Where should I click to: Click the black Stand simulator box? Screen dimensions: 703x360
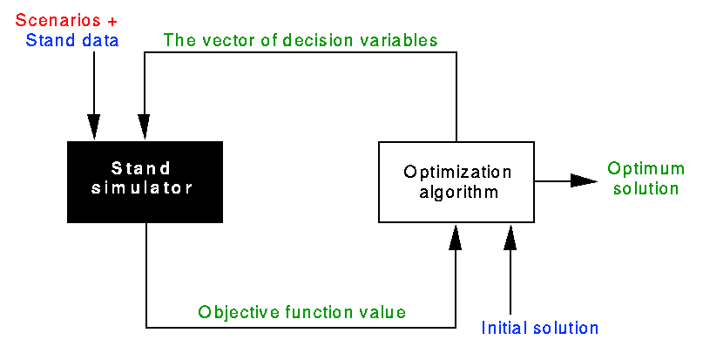145,182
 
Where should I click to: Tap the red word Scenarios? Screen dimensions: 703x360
58,20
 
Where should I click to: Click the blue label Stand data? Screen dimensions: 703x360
72,40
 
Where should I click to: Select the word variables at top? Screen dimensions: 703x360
399,40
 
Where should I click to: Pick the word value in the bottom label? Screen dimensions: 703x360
382,312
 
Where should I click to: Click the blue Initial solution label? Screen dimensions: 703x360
540,328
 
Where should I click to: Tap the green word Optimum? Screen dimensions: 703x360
646,169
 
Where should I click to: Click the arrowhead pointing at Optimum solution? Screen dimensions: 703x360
584,181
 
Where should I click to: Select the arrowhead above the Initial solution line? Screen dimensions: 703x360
510,237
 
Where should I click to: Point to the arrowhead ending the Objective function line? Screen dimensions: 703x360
456,237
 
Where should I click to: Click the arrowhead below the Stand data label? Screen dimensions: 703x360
94,127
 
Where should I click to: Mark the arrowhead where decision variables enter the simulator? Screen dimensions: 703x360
144,127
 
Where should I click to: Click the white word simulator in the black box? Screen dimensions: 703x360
142,187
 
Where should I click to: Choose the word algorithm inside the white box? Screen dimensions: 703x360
458,192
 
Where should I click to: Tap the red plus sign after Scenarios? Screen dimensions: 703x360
112,21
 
